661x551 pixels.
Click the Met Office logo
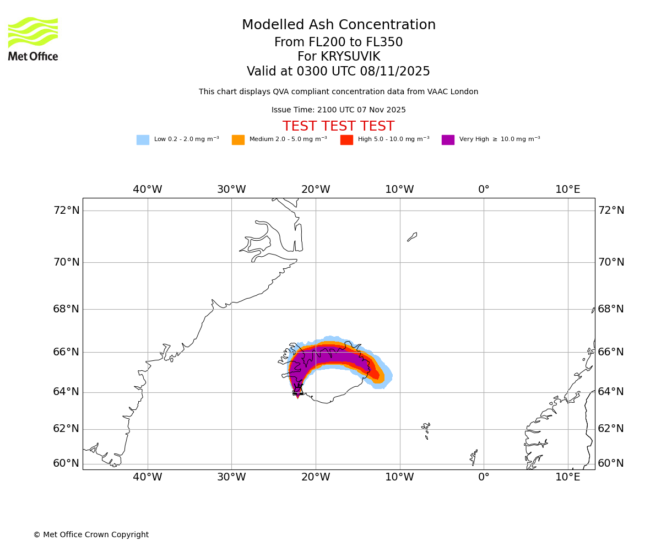pos(33,39)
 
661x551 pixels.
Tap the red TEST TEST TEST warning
pos(338,126)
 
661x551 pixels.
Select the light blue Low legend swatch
pos(143,139)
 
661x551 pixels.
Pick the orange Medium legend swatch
pos(238,139)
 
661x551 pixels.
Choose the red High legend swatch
pos(346,139)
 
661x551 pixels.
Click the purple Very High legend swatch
pos(448,139)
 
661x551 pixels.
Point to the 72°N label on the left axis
pos(66,210)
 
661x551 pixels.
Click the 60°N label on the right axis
pos(611,463)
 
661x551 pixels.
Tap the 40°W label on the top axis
pos(148,190)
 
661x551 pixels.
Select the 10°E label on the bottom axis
pos(567,477)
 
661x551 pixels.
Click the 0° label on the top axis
pos(484,190)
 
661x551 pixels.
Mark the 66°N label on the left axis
pos(66,352)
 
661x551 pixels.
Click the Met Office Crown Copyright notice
pos(91,534)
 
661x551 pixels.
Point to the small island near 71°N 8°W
pos(412,237)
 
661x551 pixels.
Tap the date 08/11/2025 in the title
pos(395,71)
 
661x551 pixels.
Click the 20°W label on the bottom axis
pos(316,477)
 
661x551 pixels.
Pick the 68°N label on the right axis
pos(611,309)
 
